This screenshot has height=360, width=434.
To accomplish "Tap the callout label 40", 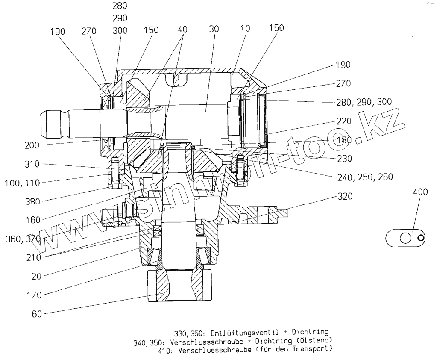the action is [182, 30].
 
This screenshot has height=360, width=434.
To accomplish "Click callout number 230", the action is [343, 159].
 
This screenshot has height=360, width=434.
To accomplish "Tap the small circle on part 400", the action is [421, 238].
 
